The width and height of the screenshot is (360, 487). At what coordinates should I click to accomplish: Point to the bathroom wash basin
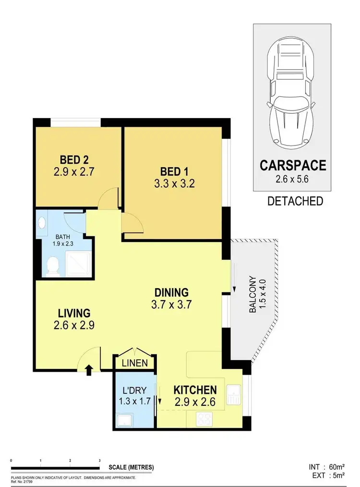click(42, 223)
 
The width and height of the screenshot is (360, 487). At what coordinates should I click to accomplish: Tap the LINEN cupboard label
click(134, 363)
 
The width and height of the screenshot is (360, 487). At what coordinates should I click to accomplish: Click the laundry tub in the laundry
click(126, 421)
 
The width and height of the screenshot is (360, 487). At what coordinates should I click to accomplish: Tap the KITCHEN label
click(195, 390)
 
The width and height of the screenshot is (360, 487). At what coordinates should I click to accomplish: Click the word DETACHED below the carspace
click(295, 201)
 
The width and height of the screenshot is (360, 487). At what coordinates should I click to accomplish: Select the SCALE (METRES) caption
click(131, 467)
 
